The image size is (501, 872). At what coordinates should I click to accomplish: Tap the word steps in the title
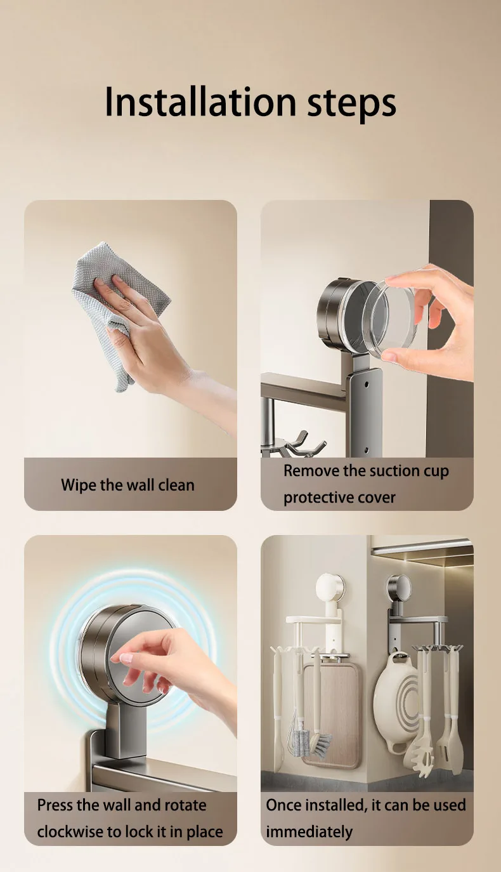[x=351, y=104]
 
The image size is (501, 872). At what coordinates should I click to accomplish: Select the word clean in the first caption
[x=176, y=485]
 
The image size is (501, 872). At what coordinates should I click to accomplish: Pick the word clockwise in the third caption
[x=70, y=831]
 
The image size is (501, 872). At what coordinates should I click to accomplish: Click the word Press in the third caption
[x=55, y=805]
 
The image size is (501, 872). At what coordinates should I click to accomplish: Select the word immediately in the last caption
[x=309, y=832]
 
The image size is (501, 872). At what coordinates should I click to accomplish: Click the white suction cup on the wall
[x=330, y=588]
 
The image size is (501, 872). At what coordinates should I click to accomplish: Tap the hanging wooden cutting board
[x=331, y=717]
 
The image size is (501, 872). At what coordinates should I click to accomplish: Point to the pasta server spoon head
[x=422, y=753]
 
